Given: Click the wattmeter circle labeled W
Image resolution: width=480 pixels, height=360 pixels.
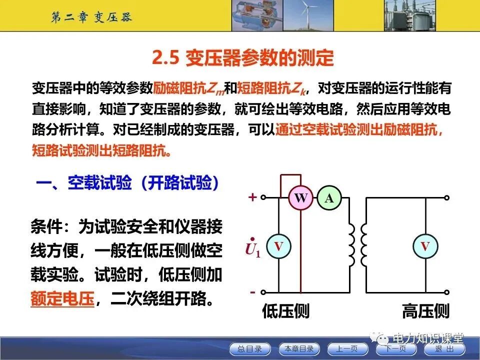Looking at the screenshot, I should pyautogui.click(x=300, y=198).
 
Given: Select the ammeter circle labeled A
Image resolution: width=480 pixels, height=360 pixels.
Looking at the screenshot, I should pyautogui.click(x=328, y=198).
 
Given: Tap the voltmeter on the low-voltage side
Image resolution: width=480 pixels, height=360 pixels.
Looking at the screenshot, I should pyautogui.click(x=278, y=245).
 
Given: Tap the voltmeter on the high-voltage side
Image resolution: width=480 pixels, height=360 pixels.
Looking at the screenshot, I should pyautogui.click(x=424, y=245).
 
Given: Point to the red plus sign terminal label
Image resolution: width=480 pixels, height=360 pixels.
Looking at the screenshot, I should pyautogui.click(x=252, y=197).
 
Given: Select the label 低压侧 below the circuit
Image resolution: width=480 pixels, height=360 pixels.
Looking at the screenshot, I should pyautogui.click(x=285, y=311).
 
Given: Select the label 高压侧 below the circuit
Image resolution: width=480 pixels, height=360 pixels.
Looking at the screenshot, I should pyautogui.click(x=425, y=311).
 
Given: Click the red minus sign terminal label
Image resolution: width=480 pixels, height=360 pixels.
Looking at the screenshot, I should pyautogui.click(x=252, y=291).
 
